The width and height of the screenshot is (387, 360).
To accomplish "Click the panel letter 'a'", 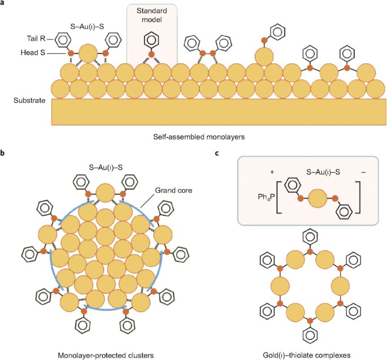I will pyautogui.click(x=3, y=3).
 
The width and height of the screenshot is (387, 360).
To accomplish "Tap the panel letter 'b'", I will pyautogui.click(x=3, y=153).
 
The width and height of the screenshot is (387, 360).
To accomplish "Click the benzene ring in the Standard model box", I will pyautogui.click(x=151, y=41).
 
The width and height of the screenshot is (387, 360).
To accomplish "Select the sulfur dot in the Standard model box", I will pyautogui.click(x=151, y=55).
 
